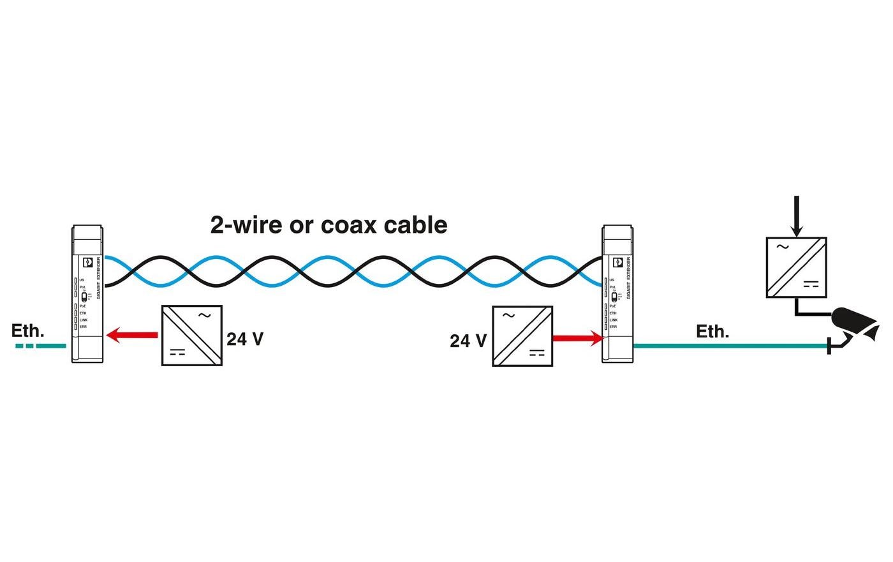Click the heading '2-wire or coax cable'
coord(328,225)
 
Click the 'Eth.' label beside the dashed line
coord(27,330)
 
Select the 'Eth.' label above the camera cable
coord(712,331)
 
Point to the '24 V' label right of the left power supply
coord(245,339)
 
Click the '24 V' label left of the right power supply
coord(468,341)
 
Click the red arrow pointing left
coord(132,334)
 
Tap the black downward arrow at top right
coord(795,217)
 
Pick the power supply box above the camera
coord(796,267)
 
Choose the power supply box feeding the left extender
coord(191,336)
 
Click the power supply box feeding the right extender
coord(522,336)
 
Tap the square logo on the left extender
coord(87,262)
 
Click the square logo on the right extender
coord(617,262)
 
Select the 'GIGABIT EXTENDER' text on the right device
coord(628,278)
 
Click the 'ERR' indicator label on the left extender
coord(83,327)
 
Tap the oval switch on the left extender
coord(84,297)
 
